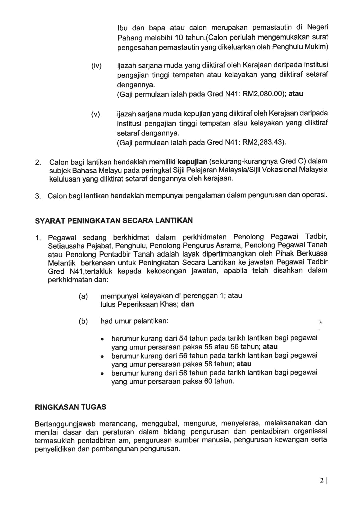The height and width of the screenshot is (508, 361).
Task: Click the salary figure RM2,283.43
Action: point(266,142)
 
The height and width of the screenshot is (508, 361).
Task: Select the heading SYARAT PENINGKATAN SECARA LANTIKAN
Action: point(114,221)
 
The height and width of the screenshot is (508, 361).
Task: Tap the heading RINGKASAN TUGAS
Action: point(71,407)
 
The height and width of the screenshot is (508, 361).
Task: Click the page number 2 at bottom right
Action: point(322,481)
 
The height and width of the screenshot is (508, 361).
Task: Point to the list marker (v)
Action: point(96,115)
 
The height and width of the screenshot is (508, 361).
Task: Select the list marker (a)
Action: point(83,296)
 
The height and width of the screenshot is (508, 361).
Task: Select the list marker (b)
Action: point(83,321)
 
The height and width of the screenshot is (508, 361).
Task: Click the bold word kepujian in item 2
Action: point(193,162)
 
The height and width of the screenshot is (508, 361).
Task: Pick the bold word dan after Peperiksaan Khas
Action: point(187,304)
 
